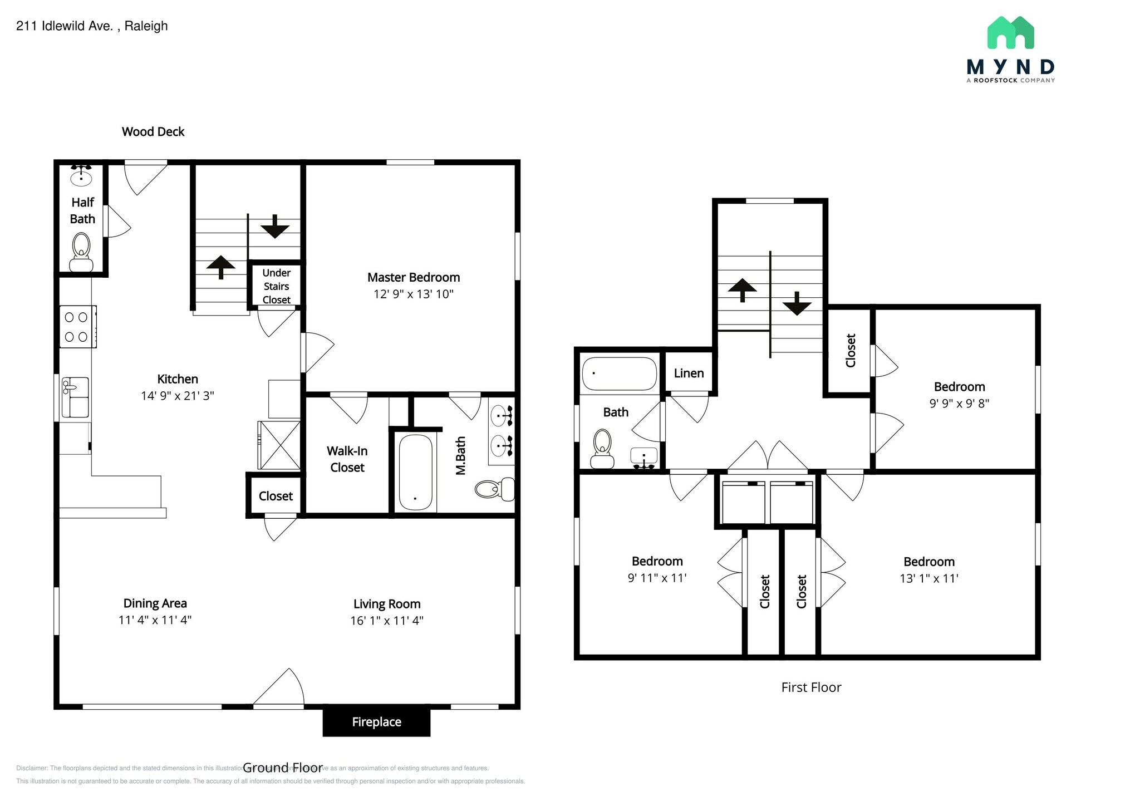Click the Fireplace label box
[x=376, y=722]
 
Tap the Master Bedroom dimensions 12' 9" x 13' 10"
[x=413, y=294]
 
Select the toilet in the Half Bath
[x=81, y=252]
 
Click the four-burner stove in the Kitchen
[x=77, y=327]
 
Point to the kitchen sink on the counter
[x=75, y=397]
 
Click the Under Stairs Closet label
[x=276, y=286]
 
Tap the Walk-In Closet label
[x=347, y=459]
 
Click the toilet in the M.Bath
[x=494, y=489]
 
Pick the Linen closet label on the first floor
[x=689, y=373]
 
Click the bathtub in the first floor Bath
[x=619, y=373]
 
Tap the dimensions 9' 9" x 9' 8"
[x=959, y=404]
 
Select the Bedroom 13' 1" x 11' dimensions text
[x=928, y=578]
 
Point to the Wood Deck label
[x=153, y=132]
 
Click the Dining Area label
[x=155, y=603]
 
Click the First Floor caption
[x=810, y=687]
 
